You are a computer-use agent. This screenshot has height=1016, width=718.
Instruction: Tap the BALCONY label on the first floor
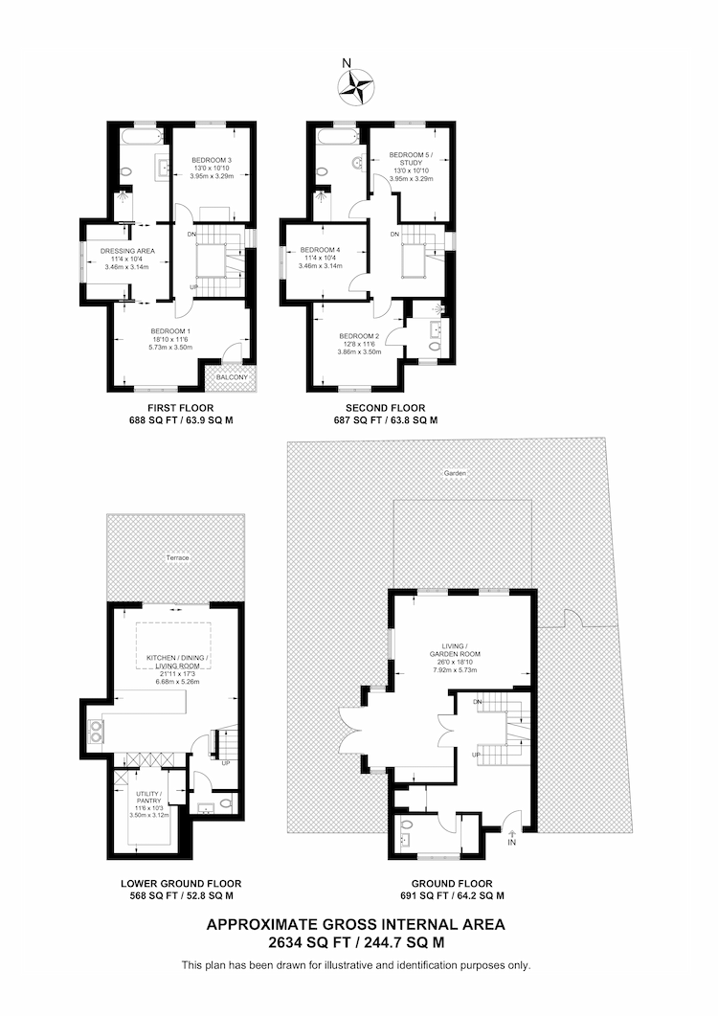coord(232,377)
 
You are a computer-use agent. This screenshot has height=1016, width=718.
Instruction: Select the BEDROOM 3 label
coord(212,159)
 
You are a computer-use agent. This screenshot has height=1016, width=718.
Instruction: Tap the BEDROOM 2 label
coord(359,336)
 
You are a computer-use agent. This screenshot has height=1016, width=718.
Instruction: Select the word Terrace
coord(177,557)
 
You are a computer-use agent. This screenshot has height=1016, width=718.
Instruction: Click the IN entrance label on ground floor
coord(511,843)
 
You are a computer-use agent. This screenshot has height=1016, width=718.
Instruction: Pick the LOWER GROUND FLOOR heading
coord(181,884)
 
